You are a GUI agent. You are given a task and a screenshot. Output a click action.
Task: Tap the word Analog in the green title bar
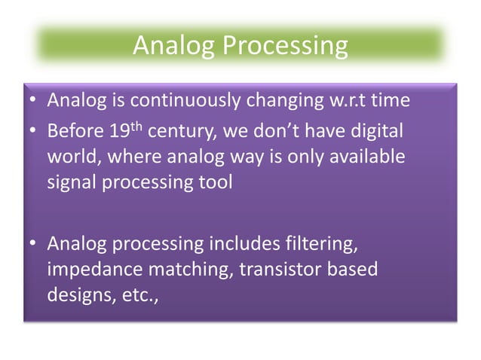173,46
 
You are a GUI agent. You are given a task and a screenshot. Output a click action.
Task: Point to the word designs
74,295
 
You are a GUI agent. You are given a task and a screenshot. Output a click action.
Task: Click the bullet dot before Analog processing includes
33,245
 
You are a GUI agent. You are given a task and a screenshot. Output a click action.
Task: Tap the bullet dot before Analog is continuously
33,101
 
